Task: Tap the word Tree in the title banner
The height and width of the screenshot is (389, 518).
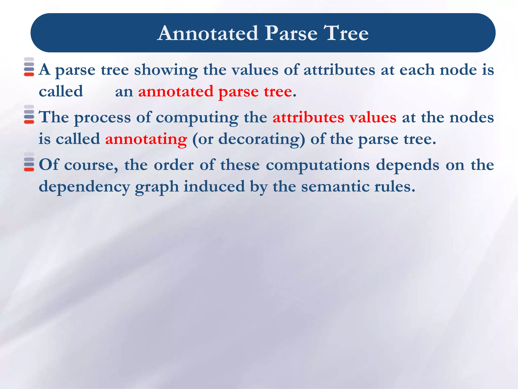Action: click(346, 33)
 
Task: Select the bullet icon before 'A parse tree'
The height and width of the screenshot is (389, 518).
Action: click(29, 67)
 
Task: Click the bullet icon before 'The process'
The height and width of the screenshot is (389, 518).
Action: click(29, 114)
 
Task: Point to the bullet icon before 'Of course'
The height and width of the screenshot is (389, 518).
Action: click(29, 162)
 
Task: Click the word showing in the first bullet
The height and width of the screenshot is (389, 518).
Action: click(166, 70)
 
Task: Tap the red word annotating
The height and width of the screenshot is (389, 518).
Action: click(146, 139)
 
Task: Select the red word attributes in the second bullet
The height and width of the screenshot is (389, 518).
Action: click(308, 118)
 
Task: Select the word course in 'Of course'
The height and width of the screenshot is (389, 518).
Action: click(91, 165)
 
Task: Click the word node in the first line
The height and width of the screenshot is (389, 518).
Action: click(458, 70)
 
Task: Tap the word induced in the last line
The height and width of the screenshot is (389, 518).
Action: click(214, 187)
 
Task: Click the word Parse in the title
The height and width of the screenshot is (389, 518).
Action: click(291, 33)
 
